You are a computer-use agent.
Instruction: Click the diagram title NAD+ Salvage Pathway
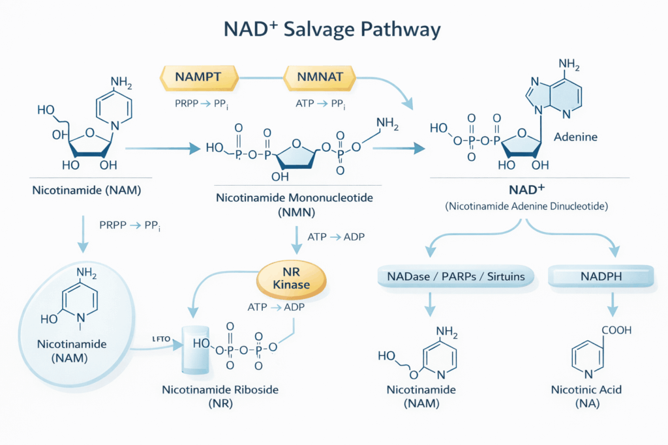click(334, 30)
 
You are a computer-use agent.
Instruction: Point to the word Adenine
click(571, 138)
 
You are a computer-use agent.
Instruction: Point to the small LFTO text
click(160, 339)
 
